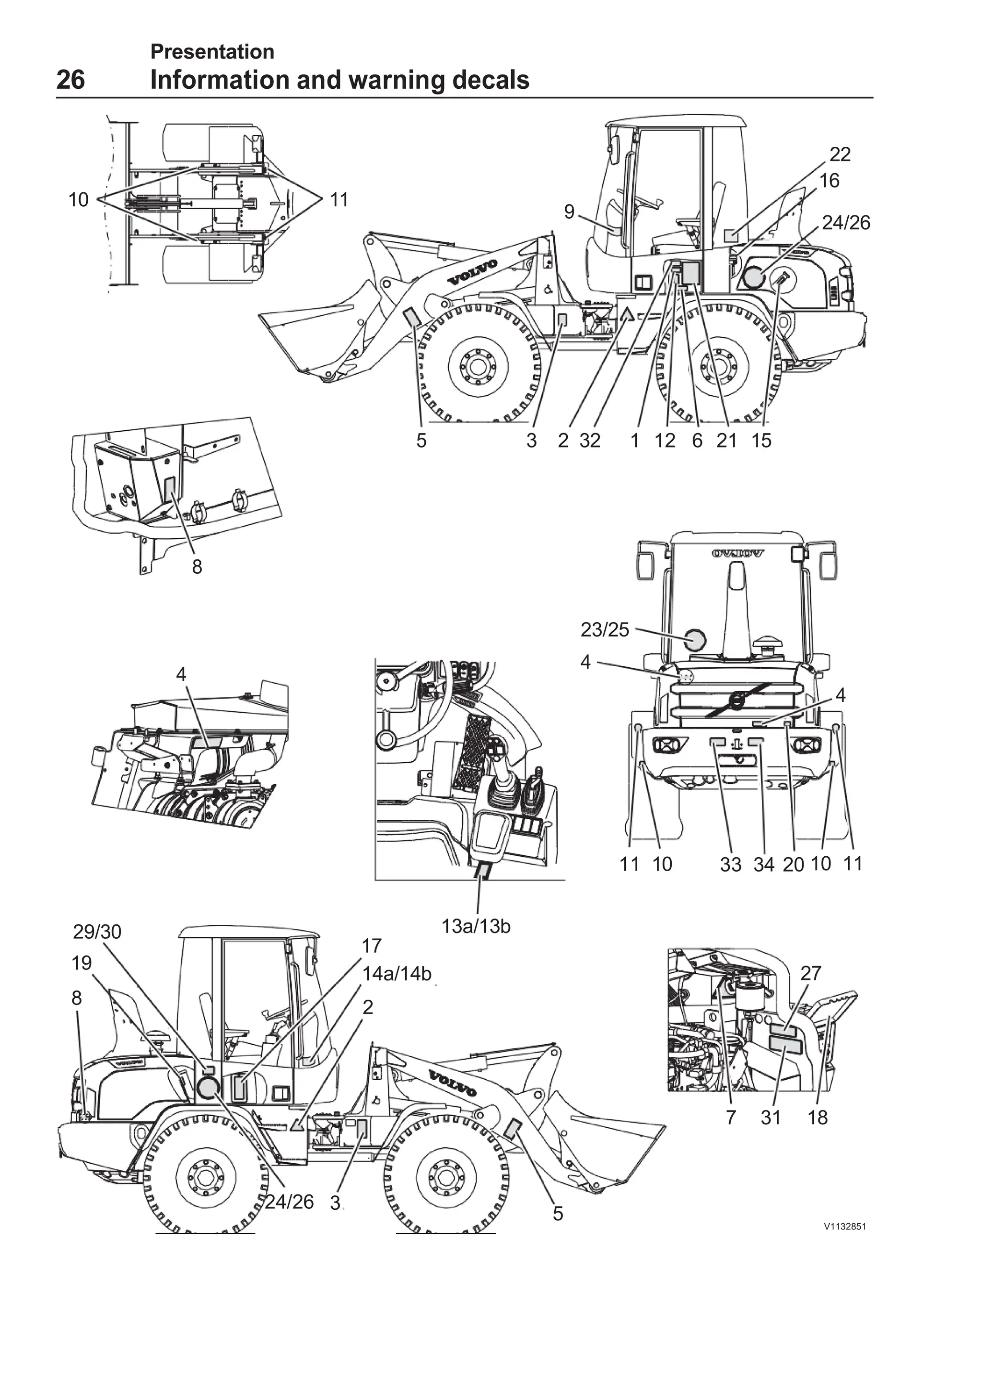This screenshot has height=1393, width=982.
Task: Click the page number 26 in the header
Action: point(70,80)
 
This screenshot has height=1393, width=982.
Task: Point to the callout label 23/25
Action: point(605,630)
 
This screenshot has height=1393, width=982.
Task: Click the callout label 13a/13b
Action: point(476,926)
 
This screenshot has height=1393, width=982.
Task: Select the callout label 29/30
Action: point(97,931)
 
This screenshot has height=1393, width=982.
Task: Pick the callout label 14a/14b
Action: point(396,974)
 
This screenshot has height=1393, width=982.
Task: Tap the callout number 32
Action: point(590,440)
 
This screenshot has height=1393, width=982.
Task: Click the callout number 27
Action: point(810,973)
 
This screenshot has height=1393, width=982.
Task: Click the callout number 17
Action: point(371,945)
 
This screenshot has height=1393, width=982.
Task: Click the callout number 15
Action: point(761,440)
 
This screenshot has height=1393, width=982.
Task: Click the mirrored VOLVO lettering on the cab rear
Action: point(737,553)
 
